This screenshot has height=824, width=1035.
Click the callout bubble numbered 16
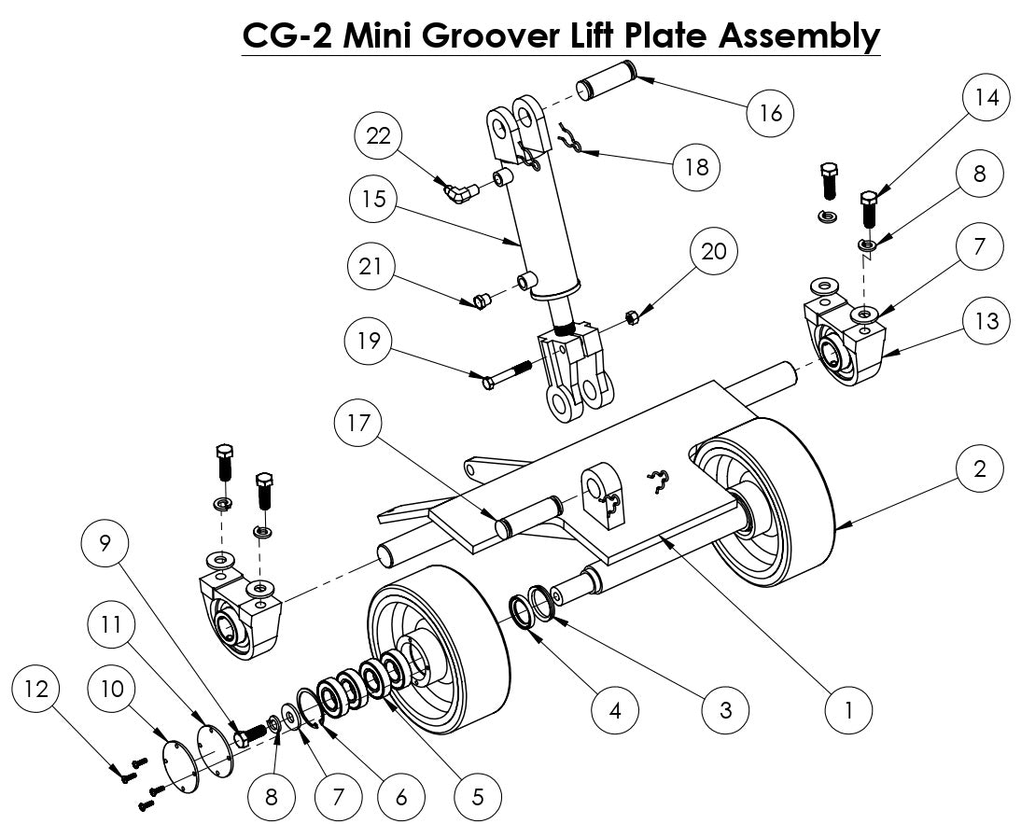click(771, 112)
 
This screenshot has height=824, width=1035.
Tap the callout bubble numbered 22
click(378, 136)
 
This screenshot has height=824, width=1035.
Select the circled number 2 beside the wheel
click(979, 468)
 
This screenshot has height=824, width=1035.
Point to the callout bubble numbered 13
click(986, 321)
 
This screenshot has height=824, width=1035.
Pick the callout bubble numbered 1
click(848, 710)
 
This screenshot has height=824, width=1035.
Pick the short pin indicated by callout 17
click(530, 515)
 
